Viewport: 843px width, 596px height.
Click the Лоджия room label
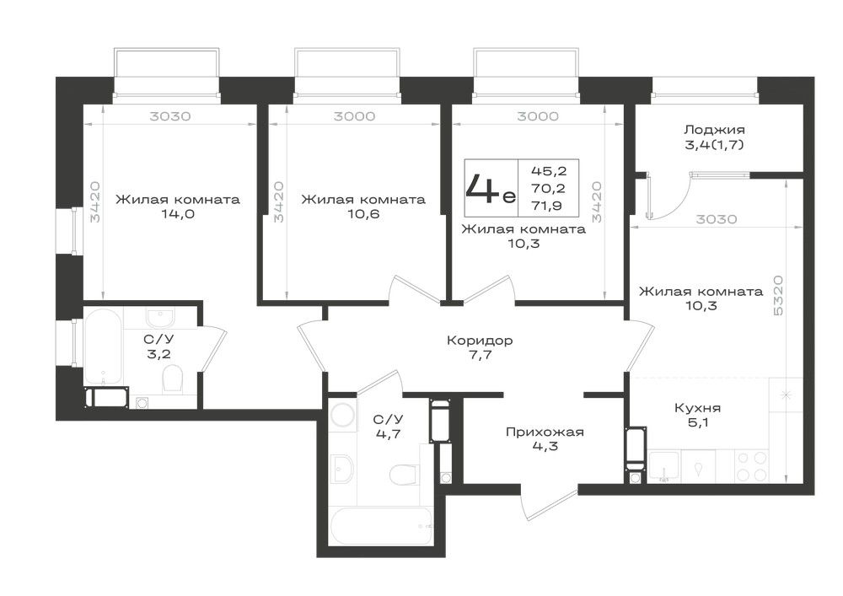tap(714, 130)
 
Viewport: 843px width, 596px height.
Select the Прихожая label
tap(545, 432)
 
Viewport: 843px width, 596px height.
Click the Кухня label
tap(697, 409)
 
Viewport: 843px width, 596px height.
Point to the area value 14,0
tap(177, 214)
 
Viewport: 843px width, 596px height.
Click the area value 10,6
tap(362, 214)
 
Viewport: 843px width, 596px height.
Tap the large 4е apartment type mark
tap(491, 188)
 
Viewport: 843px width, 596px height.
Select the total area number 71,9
tap(549, 204)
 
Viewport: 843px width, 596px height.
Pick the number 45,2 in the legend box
tap(549, 171)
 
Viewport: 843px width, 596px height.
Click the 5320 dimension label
tap(778, 296)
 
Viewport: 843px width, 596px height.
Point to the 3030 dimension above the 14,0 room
tap(170, 116)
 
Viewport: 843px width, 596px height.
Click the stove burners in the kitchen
tap(752, 466)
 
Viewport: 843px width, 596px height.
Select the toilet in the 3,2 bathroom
tap(173, 379)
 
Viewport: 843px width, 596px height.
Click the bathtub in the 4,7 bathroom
tap(381, 526)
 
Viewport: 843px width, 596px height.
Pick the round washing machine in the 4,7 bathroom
tap(342, 415)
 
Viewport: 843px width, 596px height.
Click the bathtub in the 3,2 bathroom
tap(103, 346)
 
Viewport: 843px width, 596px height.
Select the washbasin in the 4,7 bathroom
tap(341, 469)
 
